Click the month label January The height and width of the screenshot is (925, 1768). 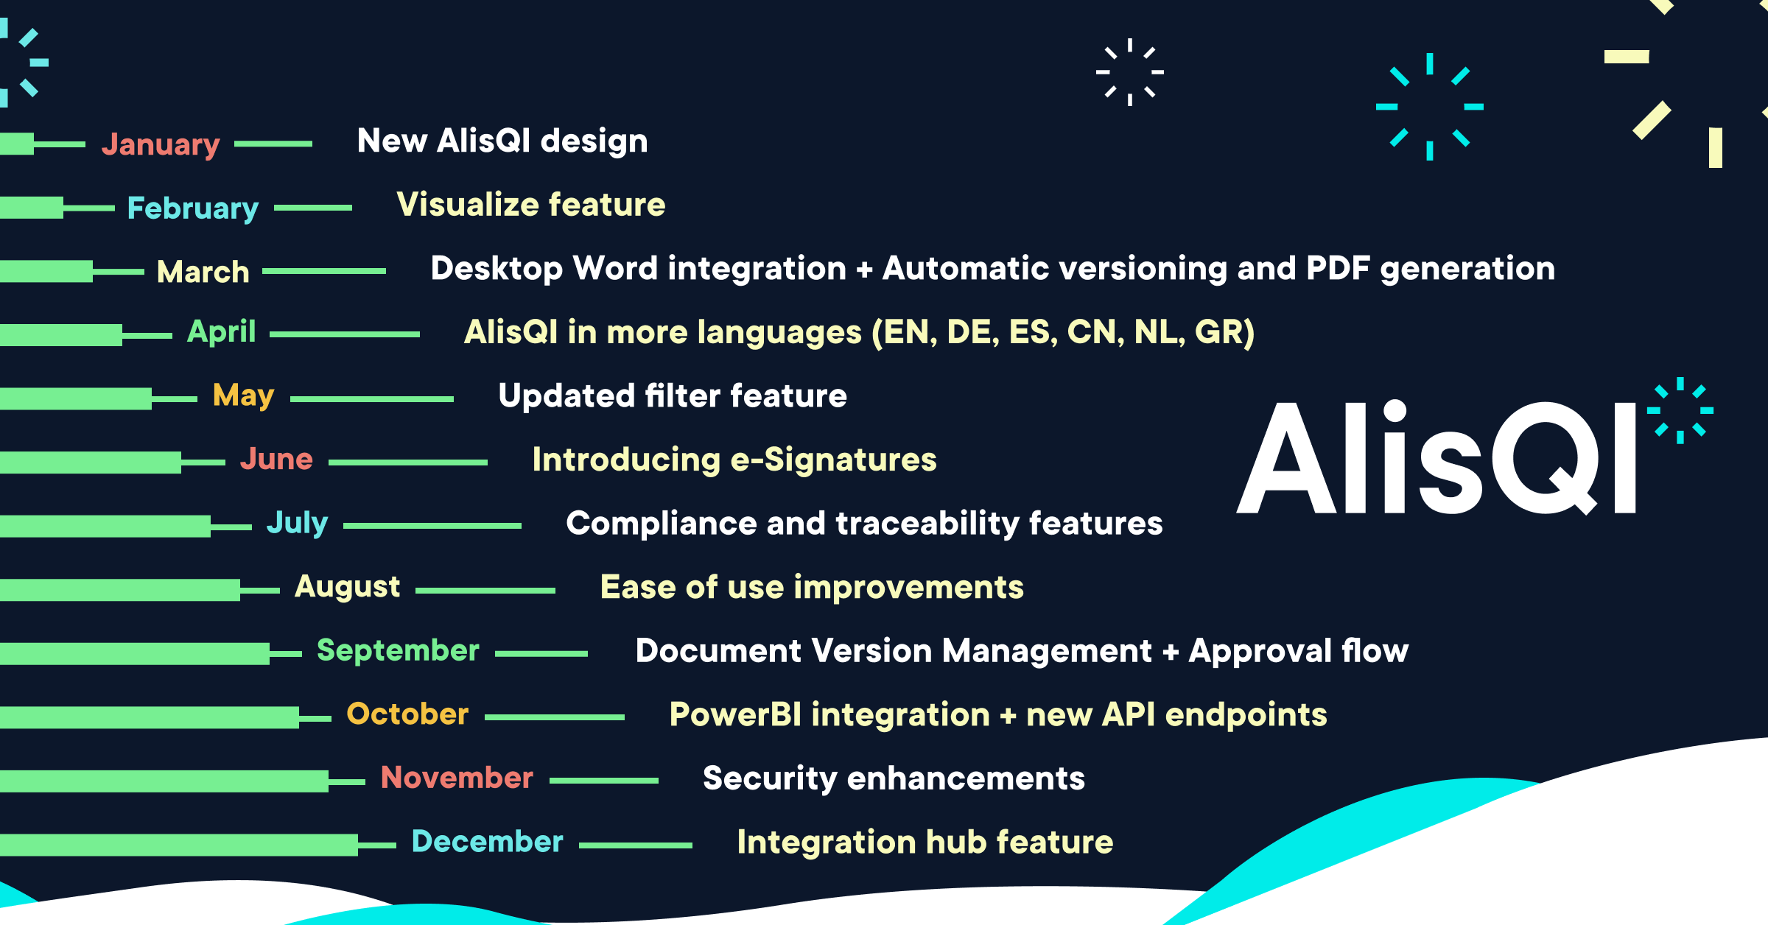tap(161, 144)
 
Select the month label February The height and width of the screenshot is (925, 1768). tap(193, 208)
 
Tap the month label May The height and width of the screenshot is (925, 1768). tap(243, 395)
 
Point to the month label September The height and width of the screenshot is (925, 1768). tap(398, 650)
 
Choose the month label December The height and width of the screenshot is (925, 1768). tap(487, 841)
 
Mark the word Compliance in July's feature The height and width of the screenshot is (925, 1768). tap(661, 523)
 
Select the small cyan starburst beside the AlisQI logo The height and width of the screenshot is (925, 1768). tap(1680, 410)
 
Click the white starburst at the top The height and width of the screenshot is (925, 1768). tap(1129, 72)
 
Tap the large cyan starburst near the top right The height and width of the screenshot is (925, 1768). tap(1429, 107)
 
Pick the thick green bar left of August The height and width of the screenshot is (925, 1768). tap(119, 590)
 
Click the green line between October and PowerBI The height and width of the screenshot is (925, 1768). tap(554, 717)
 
